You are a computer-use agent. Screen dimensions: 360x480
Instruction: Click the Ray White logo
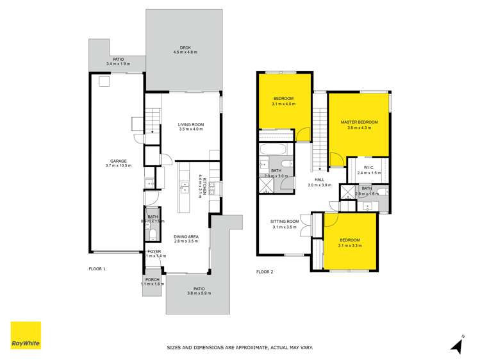pyautogui.click(x=26, y=335)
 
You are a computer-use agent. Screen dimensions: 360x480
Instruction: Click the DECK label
pyautogui.click(x=185, y=47)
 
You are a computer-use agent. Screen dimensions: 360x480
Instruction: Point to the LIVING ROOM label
pyautogui.click(x=190, y=124)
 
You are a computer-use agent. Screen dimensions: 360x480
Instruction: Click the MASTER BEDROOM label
pyautogui.click(x=359, y=122)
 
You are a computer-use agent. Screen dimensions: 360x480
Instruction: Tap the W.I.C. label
pyautogui.click(x=368, y=168)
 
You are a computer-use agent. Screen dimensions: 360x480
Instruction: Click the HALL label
pyautogui.click(x=319, y=180)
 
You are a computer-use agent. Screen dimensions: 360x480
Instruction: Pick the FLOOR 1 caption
pyautogui.click(x=97, y=268)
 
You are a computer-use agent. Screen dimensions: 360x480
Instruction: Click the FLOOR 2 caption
pyautogui.click(x=265, y=272)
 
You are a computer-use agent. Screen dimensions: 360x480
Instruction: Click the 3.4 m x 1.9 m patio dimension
pyautogui.click(x=117, y=64)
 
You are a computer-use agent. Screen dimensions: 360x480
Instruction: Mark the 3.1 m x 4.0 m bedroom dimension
pyautogui.click(x=283, y=104)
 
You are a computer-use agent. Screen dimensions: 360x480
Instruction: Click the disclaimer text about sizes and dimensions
pyautogui.click(x=239, y=348)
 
